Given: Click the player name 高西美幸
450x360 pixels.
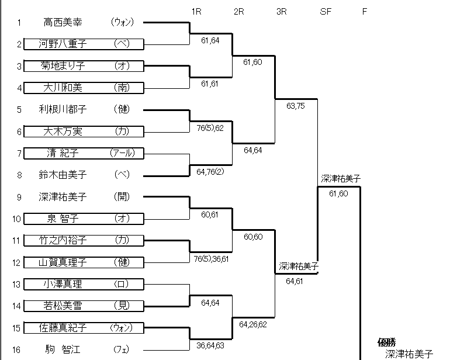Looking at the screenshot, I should [x=65, y=22].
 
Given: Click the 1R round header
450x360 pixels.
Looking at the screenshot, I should [x=196, y=11].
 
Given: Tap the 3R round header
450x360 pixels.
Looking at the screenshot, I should [x=281, y=11].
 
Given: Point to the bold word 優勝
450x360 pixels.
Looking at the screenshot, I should [x=387, y=343].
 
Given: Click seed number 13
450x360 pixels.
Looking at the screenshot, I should [x=19, y=284].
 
